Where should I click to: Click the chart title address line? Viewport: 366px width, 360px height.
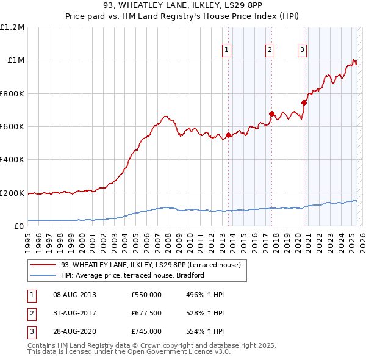(183, 6)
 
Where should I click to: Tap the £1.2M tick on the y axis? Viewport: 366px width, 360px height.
(12, 27)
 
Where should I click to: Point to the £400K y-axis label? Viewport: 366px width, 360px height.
(12, 160)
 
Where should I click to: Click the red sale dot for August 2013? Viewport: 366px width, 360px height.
(228, 135)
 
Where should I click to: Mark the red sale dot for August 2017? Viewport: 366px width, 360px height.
(272, 113)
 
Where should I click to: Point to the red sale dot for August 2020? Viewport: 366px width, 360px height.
(304, 103)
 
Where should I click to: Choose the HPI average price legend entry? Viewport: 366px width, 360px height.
(132, 275)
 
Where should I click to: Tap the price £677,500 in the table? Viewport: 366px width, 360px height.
(146, 314)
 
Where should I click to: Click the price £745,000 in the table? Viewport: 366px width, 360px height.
(146, 332)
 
